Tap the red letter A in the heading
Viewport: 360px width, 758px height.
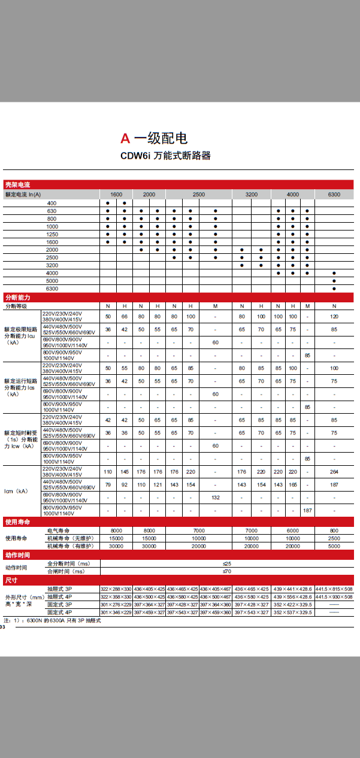tap(125, 139)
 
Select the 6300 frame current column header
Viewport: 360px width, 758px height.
tap(334, 195)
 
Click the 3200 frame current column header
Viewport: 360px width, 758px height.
tap(252, 195)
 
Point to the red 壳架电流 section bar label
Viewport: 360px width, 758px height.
tap(17, 185)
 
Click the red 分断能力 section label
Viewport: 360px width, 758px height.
tap(17, 298)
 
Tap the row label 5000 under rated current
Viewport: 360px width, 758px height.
tap(52, 281)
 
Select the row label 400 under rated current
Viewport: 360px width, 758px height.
tap(52, 204)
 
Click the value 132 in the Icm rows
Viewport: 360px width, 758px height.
tap(215, 498)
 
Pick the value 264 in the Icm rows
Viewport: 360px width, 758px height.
tap(334, 472)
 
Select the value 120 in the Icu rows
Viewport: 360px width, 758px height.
tap(334, 316)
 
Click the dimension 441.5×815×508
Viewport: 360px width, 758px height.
tap(334, 589)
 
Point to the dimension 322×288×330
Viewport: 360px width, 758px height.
tap(116, 589)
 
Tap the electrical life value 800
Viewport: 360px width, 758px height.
tap(334, 530)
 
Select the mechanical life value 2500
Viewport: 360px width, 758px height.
tap(334, 538)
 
